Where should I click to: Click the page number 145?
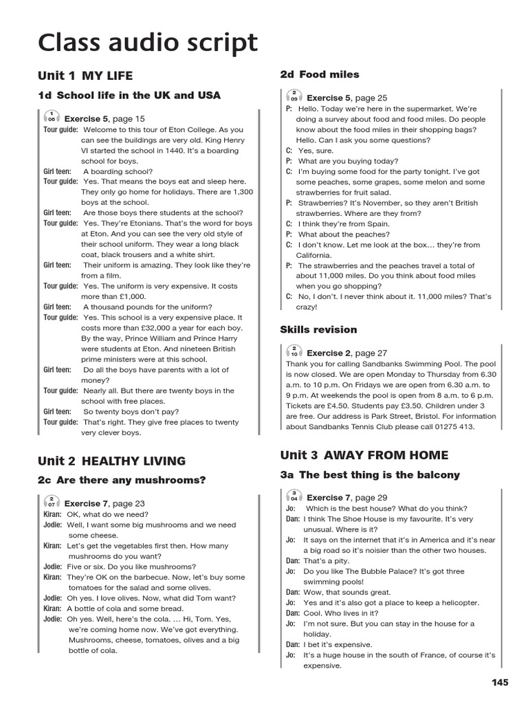(500, 682)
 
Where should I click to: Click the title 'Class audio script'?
(148, 43)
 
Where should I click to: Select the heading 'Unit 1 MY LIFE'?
(86, 76)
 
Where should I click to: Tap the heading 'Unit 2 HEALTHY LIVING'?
(112, 461)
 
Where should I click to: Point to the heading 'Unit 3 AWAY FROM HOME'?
(364, 455)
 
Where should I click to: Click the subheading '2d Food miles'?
(320, 74)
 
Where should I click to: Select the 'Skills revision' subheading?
(318, 329)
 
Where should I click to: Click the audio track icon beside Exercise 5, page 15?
(52, 118)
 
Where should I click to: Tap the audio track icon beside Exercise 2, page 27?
(294, 352)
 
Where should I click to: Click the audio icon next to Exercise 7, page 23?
(52, 503)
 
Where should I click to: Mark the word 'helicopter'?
(456, 602)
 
